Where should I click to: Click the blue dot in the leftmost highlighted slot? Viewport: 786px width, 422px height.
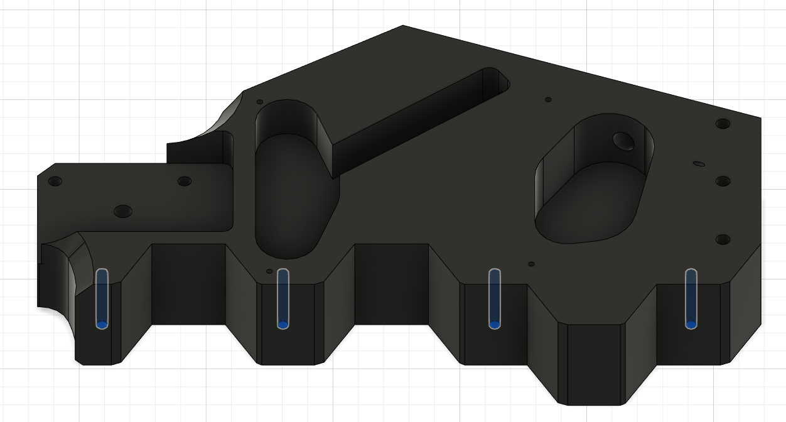pyautogui.click(x=102, y=325)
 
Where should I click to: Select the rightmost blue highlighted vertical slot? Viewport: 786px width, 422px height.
pyautogui.click(x=691, y=298)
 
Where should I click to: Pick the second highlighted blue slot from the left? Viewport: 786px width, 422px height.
pyautogui.click(x=283, y=298)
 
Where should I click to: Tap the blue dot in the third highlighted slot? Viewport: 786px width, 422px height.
pyautogui.click(x=494, y=325)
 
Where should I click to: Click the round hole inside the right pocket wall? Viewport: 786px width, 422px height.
pyautogui.click(x=623, y=141)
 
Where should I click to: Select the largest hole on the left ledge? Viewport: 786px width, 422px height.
pyautogui.click(x=123, y=211)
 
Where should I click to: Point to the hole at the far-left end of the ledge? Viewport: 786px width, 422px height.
pyautogui.click(x=55, y=181)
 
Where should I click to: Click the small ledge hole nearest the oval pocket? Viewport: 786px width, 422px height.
pyautogui.click(x=184, y=181)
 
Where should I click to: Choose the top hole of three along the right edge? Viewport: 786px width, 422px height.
pyautogui.click(x=723, y=124)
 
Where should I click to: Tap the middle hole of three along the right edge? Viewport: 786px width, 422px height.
pyautogui.click(x=723, y=181)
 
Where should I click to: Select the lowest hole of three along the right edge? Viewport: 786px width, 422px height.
pyautogui.click(x=723, y=239)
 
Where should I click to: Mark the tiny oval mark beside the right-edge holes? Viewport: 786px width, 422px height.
pyautogui.click(x=699, y=164)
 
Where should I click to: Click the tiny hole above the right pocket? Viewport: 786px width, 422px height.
pyautogui.click(x=548, y=99)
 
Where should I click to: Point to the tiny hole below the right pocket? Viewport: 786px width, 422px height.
pyautogui.click(x=531, y=264)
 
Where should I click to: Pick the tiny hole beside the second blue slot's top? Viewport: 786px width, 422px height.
pyautogui.click(x=269, y=271)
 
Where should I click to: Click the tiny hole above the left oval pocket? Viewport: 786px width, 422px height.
pyautogui.click(x=259, y=101)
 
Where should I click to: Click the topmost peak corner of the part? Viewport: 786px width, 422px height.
pyautogui.click(x=402, y=26)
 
